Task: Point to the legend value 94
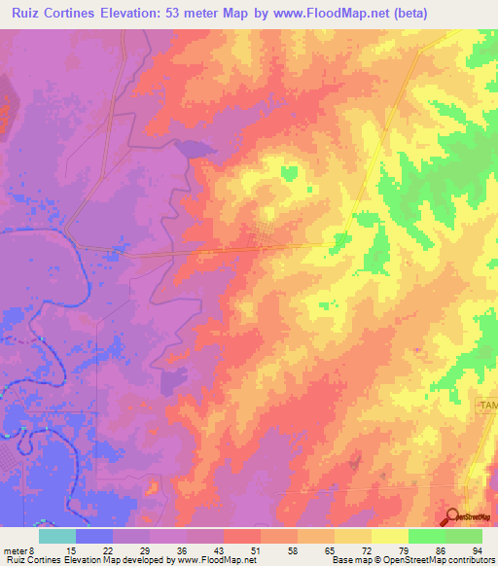point(476,549)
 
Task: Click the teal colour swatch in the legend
point(57,536)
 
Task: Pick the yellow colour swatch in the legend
point(390,536)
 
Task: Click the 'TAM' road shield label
point(486,404)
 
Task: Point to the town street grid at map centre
point(260,237)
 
